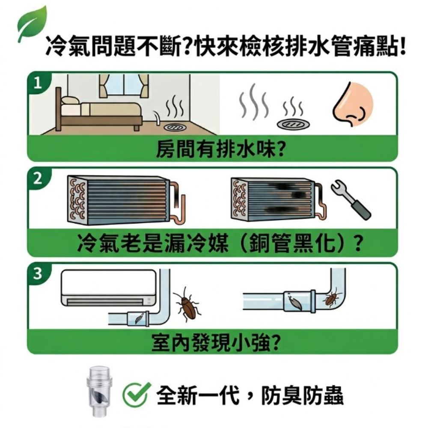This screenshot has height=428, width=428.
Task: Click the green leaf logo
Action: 31,24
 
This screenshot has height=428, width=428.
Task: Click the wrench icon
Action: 350,199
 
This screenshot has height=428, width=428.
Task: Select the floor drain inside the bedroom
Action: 175,127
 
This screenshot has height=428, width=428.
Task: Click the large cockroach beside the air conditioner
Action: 187,304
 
